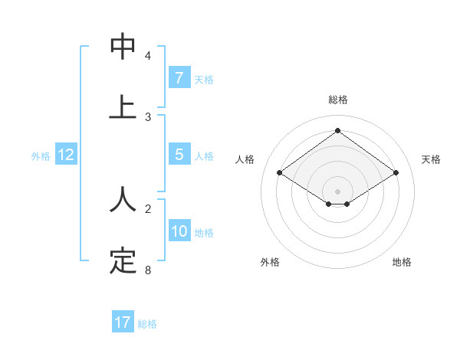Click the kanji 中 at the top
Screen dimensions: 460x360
click(123, 47)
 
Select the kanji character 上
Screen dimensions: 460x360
click(123, 107)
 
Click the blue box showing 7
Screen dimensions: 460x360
click(179, 77)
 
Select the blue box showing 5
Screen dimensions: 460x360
click(179, 155)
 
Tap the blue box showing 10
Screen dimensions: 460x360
click(179, 231)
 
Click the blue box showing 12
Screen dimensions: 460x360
click(66, 155)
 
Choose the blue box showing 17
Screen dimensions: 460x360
click(123, 322)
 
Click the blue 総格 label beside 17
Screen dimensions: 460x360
click(147, 324)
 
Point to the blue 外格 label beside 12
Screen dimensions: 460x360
click(41, 156)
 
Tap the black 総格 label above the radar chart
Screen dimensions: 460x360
click(337, 100)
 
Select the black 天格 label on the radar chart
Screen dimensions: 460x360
click(432, 159)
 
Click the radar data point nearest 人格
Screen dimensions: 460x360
click(280, 173)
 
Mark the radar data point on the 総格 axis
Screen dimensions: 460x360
click(337, 130)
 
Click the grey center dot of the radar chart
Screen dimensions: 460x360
click(337, 191)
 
